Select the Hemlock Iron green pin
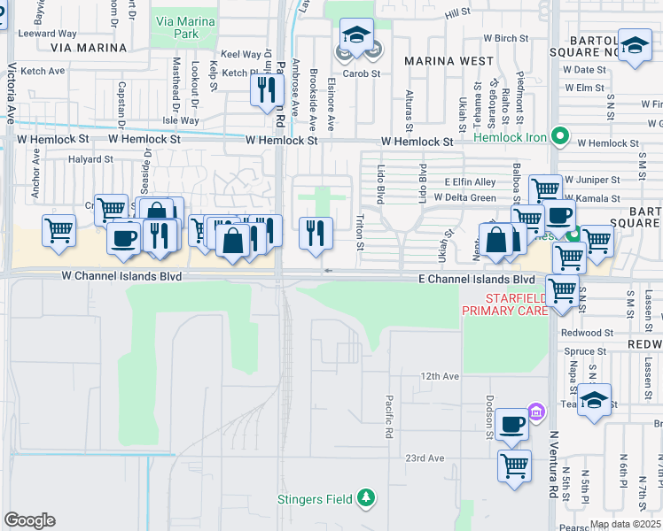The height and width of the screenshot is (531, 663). [559, 137]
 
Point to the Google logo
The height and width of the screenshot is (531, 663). [29, 520]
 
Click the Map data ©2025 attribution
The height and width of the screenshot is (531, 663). [625, 524]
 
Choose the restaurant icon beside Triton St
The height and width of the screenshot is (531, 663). [316, 233]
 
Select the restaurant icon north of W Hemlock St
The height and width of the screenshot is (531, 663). [266, 89]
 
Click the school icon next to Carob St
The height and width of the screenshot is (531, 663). [356, 37]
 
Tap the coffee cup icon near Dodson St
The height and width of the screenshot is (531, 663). [511, 424]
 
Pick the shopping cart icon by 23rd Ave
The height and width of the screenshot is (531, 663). [514, 465]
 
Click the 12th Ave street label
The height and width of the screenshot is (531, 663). [440, 376]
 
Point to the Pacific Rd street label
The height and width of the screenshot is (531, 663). [388, 417]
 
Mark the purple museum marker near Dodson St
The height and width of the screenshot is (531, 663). [534, 412]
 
